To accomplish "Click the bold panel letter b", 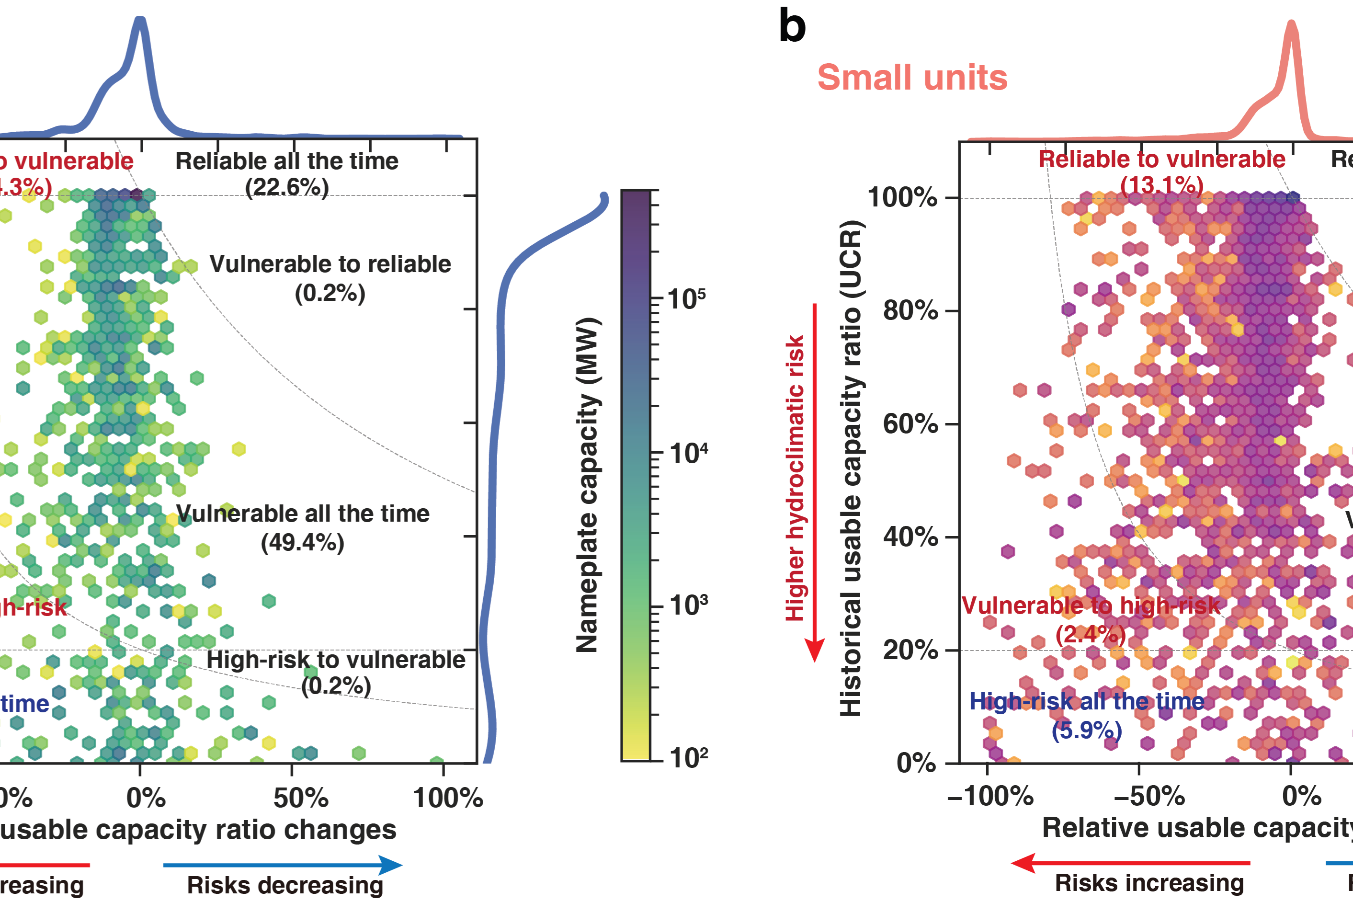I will (x=792, y=26).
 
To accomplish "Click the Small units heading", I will (x=912, y=78).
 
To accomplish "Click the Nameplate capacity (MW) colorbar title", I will (x=588, y=484).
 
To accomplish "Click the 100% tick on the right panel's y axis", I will (x=903, y=197).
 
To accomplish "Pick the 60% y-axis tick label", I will (x=910, y=424).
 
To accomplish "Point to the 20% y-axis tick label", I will (x=910, y=650).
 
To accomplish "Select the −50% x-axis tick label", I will (x=1149, y=796).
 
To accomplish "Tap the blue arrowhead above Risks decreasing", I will (x=391, y=865).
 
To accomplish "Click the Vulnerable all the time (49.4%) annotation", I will (x=303, y=527).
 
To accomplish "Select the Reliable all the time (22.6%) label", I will (x=286, y=174).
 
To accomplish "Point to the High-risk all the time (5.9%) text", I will (x=1087, y=716).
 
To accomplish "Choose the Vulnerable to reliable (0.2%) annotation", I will (x=330, y=278).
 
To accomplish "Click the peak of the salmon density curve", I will (x=1292, y=24).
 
